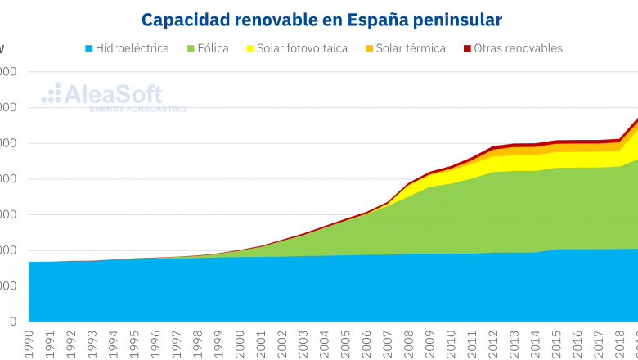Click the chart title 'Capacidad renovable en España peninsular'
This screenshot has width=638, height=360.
click(x=321, y=18)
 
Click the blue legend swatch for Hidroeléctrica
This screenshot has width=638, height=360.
click(x=88, y=49)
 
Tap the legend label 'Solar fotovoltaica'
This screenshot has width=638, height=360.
click(x=302, y=49)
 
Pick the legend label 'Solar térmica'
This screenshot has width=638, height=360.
click(x=411, y=49)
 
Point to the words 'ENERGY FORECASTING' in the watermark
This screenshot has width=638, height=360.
click(x=137, y=109)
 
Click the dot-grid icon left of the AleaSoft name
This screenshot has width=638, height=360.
click(x=51, y=93)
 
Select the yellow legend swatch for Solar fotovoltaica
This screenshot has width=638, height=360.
click(x=249, y=49)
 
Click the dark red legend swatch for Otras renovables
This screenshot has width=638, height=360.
click(x=467, y=49)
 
